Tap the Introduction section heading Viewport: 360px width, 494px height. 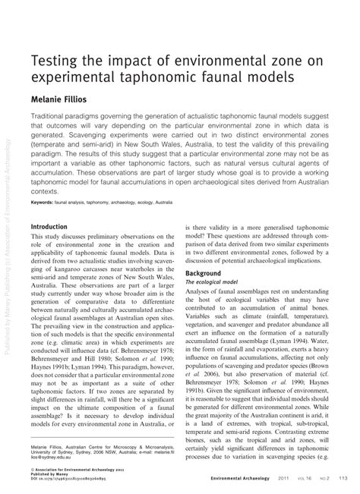[x=54, y=227]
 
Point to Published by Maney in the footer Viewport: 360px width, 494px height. [x=54, y=477]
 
